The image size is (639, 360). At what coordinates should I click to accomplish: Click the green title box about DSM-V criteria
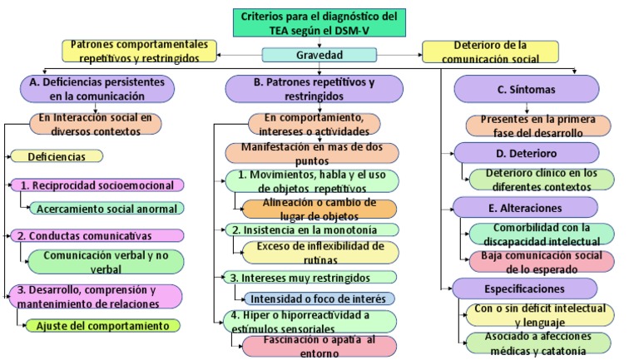[319, 22]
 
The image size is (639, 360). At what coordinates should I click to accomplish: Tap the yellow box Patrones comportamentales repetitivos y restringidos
[140, 51]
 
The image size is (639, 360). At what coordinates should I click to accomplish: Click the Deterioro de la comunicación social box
[499, 52]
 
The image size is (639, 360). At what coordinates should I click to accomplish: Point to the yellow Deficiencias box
[57, 155]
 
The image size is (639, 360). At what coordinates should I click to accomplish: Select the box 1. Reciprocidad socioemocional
[98, 185]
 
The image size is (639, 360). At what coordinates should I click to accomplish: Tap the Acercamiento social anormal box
[106, 208]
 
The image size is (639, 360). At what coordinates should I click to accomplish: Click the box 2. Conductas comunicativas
[98, 235]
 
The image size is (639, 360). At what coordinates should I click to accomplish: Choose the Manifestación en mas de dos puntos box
[311, 152]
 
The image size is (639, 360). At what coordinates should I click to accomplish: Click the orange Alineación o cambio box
[319, 209]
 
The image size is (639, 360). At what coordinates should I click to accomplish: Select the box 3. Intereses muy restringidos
[311, 277]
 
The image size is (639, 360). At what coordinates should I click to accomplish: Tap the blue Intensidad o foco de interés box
[319, 298]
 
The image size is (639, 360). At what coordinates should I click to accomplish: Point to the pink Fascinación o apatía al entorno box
[319, 345]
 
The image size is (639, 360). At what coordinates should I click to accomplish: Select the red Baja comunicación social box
[542, 259]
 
